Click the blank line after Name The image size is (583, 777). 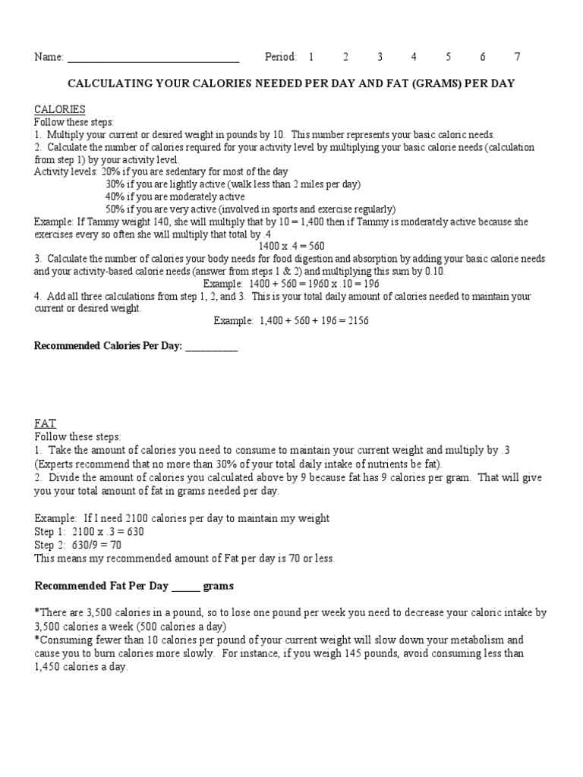(x=153, y=58)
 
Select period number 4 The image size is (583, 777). (x=414, y=57)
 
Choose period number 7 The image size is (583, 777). (x=517, y=57)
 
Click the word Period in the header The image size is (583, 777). (x=280, y=57)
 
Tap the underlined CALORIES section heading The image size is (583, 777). (x=59, y=109)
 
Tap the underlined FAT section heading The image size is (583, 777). (x=45, y=423)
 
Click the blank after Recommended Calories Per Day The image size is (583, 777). (x=212, y=347)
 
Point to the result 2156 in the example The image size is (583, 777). (x=356, y=321)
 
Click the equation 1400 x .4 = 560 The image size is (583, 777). (x=291, y=247)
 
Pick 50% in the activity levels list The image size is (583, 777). (x=115, y=209)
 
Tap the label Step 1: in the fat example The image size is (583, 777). (x=50, y=532)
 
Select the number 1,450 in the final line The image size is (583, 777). (x=48, y=666)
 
